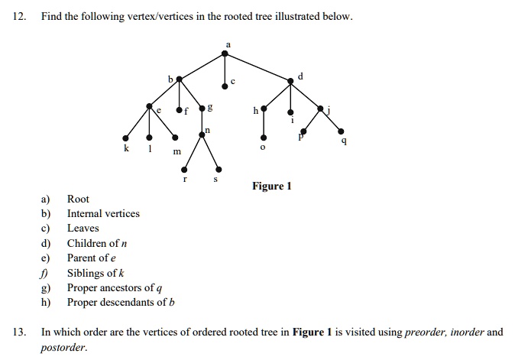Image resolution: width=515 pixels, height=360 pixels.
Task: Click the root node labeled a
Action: tap(225, 53)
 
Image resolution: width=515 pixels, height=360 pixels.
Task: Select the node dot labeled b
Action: tap(180, 78)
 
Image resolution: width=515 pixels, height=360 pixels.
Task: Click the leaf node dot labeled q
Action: tap(341, 130)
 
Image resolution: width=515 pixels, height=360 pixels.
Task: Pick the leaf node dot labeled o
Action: tap(262, 138)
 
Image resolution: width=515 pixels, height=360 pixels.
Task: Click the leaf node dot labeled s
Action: tap(219, 169)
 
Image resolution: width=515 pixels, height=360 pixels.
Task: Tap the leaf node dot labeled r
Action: tap(183, 169)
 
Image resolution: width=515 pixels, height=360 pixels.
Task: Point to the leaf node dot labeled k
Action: tap(126, 138)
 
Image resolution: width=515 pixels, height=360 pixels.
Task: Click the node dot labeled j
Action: tap(320, 109)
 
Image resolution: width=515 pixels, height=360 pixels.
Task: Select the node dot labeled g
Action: tap(202, 109)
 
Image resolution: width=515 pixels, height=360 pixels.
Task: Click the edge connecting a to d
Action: tap(258, 66)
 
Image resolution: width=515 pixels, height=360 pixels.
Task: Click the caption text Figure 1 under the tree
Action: tap(272, 186)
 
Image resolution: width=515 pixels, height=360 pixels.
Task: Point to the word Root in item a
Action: tap(78, 199)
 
